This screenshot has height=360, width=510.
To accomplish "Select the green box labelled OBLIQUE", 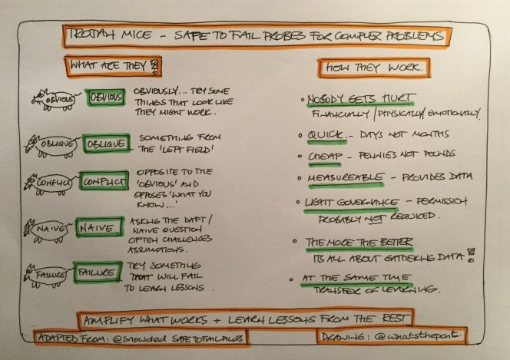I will (x=107, y=144).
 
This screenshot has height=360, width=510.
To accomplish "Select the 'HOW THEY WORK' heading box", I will (x=376, y=68).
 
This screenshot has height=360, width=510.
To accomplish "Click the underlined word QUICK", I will (x=317, y=136).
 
